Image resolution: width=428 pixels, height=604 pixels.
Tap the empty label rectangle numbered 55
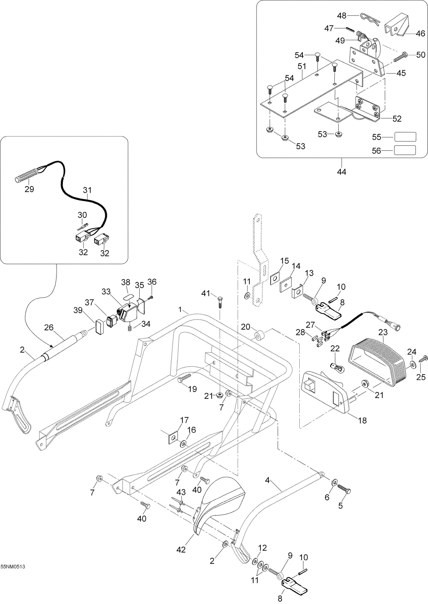click(405, 137)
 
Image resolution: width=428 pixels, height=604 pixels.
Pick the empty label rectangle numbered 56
click(405, 150)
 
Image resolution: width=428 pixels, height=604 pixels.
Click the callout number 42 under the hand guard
click(181, 549)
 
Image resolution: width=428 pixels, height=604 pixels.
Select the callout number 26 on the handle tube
click(49, 327)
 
